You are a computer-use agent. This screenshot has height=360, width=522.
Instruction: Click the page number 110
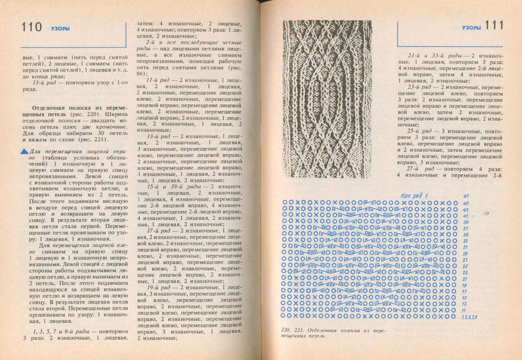(x=31, y=27)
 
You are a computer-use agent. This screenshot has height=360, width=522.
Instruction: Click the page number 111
(x=494, y=26)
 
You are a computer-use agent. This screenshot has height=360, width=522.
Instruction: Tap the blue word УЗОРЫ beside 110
(x=60, y=29)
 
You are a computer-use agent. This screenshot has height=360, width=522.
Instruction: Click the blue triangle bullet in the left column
(x=24, y=152)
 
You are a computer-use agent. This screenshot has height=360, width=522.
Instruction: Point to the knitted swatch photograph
(x=327, y=99)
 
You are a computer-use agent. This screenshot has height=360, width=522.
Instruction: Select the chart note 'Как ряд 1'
(x=414, y=195)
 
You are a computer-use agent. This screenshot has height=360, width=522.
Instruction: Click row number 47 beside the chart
(x=466, y=196)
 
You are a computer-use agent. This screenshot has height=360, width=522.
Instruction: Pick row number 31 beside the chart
(x=465, y=247)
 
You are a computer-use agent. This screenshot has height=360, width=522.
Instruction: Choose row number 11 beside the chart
(x=464, y=311)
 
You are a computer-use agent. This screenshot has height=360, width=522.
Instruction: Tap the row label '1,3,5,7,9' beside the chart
(x=469, y=317)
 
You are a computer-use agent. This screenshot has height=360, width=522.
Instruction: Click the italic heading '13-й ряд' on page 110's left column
(x=42, y=83)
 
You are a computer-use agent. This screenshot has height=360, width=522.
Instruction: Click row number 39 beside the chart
(x=465, y=222)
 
